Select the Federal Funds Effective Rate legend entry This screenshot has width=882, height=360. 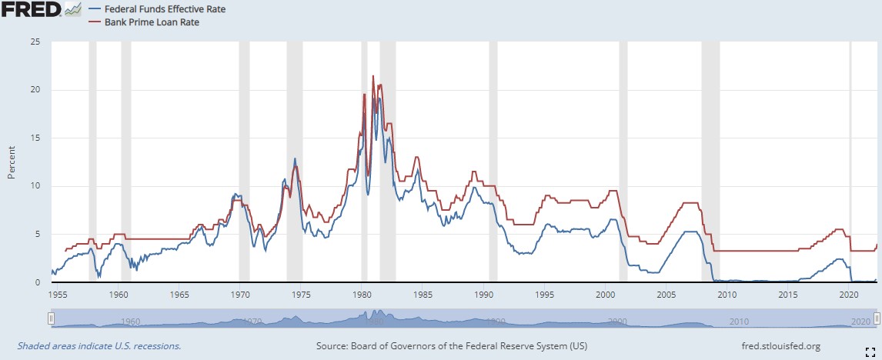coord(157,9)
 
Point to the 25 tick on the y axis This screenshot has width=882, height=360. coord(35,42)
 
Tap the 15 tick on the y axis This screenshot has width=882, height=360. coord(35,138)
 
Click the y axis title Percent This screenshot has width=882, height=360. coord(12,162)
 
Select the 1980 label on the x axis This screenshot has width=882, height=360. coord(362,294)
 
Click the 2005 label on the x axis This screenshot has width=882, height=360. coord(666,294)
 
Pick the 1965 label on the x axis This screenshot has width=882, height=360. coord(179,294)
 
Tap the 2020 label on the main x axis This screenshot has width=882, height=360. coord(848,294)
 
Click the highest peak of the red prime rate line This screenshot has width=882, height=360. coord(373,76)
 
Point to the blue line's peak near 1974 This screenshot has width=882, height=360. coord(295,158)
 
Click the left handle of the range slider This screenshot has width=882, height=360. coord(51,318)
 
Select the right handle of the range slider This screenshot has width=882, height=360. coord(877,318)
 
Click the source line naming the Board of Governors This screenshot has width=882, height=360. coord(452,346)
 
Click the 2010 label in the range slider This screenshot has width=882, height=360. coord(738,321)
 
